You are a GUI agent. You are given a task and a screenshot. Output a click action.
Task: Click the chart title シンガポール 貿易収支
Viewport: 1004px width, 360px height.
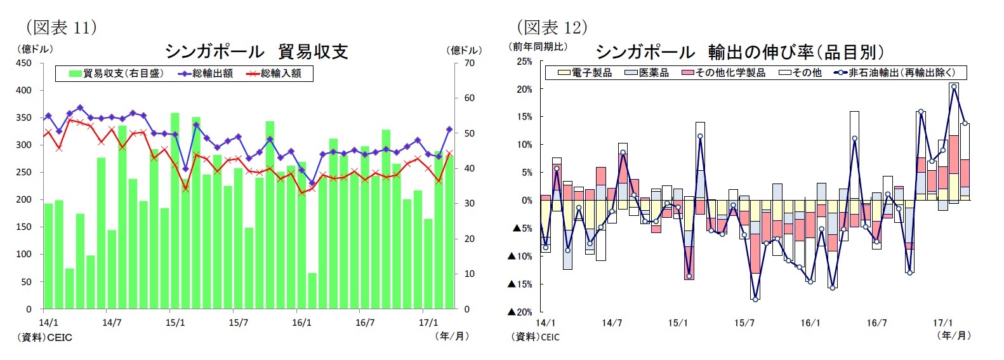(256, 51)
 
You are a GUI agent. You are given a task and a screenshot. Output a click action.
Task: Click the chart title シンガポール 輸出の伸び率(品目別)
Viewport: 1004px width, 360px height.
(739, 51)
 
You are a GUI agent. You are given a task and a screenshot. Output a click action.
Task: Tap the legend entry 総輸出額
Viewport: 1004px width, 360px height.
(206, 74)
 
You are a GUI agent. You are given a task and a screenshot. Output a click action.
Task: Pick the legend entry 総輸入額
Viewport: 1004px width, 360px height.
(274, 74)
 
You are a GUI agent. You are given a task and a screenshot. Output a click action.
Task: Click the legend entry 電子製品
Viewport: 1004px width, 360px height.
(585, 73)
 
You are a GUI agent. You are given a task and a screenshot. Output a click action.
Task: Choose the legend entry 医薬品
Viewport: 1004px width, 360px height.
(647, 73)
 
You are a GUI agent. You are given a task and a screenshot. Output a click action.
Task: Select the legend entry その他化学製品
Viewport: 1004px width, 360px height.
(724, 73)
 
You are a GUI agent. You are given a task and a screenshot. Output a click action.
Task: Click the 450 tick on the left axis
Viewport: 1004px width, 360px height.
(23, 63)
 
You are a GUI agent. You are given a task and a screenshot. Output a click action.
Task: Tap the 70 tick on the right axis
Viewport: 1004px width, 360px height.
(469, 63)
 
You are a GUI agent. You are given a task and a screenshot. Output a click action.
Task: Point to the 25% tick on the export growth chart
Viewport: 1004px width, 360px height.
(524, 62)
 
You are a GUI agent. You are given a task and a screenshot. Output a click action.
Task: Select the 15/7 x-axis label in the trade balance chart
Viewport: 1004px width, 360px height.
(238, 323)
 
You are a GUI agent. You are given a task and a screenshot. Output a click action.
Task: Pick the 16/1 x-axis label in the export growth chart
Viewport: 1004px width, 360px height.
(810, 323)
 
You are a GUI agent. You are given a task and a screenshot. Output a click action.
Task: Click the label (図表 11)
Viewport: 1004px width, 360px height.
(61, 27)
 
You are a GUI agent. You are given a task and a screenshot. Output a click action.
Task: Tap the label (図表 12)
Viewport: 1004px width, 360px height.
(552, 27)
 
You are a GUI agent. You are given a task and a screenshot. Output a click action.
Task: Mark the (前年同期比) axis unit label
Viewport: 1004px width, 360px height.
(539, 46)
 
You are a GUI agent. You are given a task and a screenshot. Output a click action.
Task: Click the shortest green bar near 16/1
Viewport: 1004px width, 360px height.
(312, 291)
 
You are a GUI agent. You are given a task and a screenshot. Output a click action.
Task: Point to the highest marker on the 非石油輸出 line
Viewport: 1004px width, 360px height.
(953, 87)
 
